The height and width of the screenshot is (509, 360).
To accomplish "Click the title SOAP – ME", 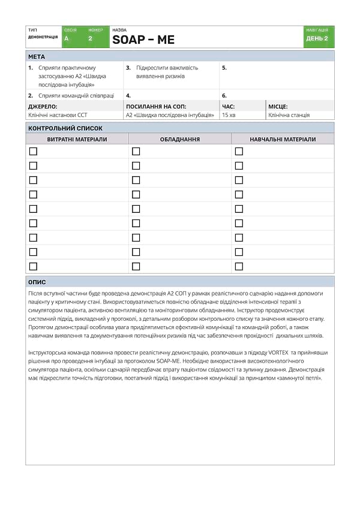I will point(143,40).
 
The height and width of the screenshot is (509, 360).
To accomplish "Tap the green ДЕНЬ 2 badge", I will point(317,38).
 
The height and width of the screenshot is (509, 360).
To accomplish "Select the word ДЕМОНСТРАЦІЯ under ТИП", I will point(43,37).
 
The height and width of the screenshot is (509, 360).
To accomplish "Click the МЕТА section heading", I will point(37,56).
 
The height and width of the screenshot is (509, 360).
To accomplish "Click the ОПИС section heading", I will point(37,282).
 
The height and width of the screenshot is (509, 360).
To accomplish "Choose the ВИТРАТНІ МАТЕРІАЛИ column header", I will point(77,139).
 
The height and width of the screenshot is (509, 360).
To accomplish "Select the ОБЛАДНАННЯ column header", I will point(180,139).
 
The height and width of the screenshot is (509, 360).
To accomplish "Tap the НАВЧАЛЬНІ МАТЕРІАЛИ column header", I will point(283,139).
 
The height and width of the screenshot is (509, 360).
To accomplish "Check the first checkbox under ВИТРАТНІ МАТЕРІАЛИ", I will point(33,151).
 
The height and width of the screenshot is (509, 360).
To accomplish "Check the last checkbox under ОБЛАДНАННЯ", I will point(136,266).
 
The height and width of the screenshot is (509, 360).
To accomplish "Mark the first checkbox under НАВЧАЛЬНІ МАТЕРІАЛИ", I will point(239,151).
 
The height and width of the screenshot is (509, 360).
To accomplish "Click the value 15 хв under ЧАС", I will point(229,115).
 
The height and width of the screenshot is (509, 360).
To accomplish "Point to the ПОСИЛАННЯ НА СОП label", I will point(155,106).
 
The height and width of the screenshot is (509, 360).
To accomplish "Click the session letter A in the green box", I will point(67,38).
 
